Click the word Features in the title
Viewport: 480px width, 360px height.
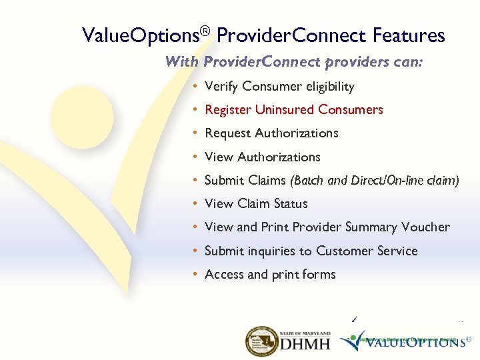409,35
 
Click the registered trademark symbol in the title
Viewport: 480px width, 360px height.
206,31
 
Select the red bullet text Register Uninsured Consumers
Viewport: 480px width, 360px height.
293,110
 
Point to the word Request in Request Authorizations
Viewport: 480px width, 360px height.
227,133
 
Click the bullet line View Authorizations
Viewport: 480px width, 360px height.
262,157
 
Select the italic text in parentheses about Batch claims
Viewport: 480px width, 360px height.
374,181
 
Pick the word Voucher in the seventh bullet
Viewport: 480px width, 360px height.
425,227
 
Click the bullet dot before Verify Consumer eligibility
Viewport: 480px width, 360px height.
192,87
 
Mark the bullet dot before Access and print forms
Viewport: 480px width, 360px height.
192,275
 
